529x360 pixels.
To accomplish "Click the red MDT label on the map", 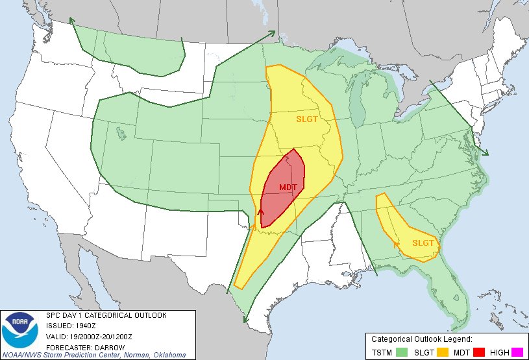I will tap(288, 187).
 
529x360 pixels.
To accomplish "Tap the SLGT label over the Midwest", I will tap(308, 119).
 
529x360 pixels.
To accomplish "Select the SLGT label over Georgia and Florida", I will tap(423, 243).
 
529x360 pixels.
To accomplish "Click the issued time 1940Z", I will tap(86, 326).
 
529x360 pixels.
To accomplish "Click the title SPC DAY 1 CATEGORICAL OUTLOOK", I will tap(106, 315).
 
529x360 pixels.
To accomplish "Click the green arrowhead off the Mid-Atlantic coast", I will tap(485, 153).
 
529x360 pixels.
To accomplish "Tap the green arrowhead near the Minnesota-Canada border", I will tap(272, 33).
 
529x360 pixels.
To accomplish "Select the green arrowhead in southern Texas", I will tap(245, 318).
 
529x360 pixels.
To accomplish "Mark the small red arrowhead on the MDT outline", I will tap(261, 211).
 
